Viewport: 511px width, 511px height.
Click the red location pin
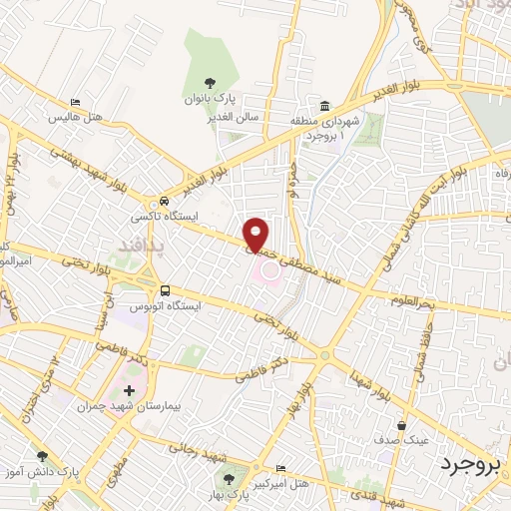click(x=256, y=234)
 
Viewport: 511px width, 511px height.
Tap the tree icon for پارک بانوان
click(x=209, y=84)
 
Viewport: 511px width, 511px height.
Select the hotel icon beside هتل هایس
click(x=77, y=102)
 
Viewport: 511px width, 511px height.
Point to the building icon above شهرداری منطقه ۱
click(x=325, y=107)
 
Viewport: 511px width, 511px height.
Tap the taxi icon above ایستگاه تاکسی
click(x=165, y=200)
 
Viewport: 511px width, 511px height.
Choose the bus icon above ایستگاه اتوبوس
click(x=165, y=290)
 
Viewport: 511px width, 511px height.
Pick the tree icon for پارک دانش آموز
click(x=42, y=455)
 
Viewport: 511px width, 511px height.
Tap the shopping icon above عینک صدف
click(x=402, y=425)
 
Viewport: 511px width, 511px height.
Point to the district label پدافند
click(x=131, y=244)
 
